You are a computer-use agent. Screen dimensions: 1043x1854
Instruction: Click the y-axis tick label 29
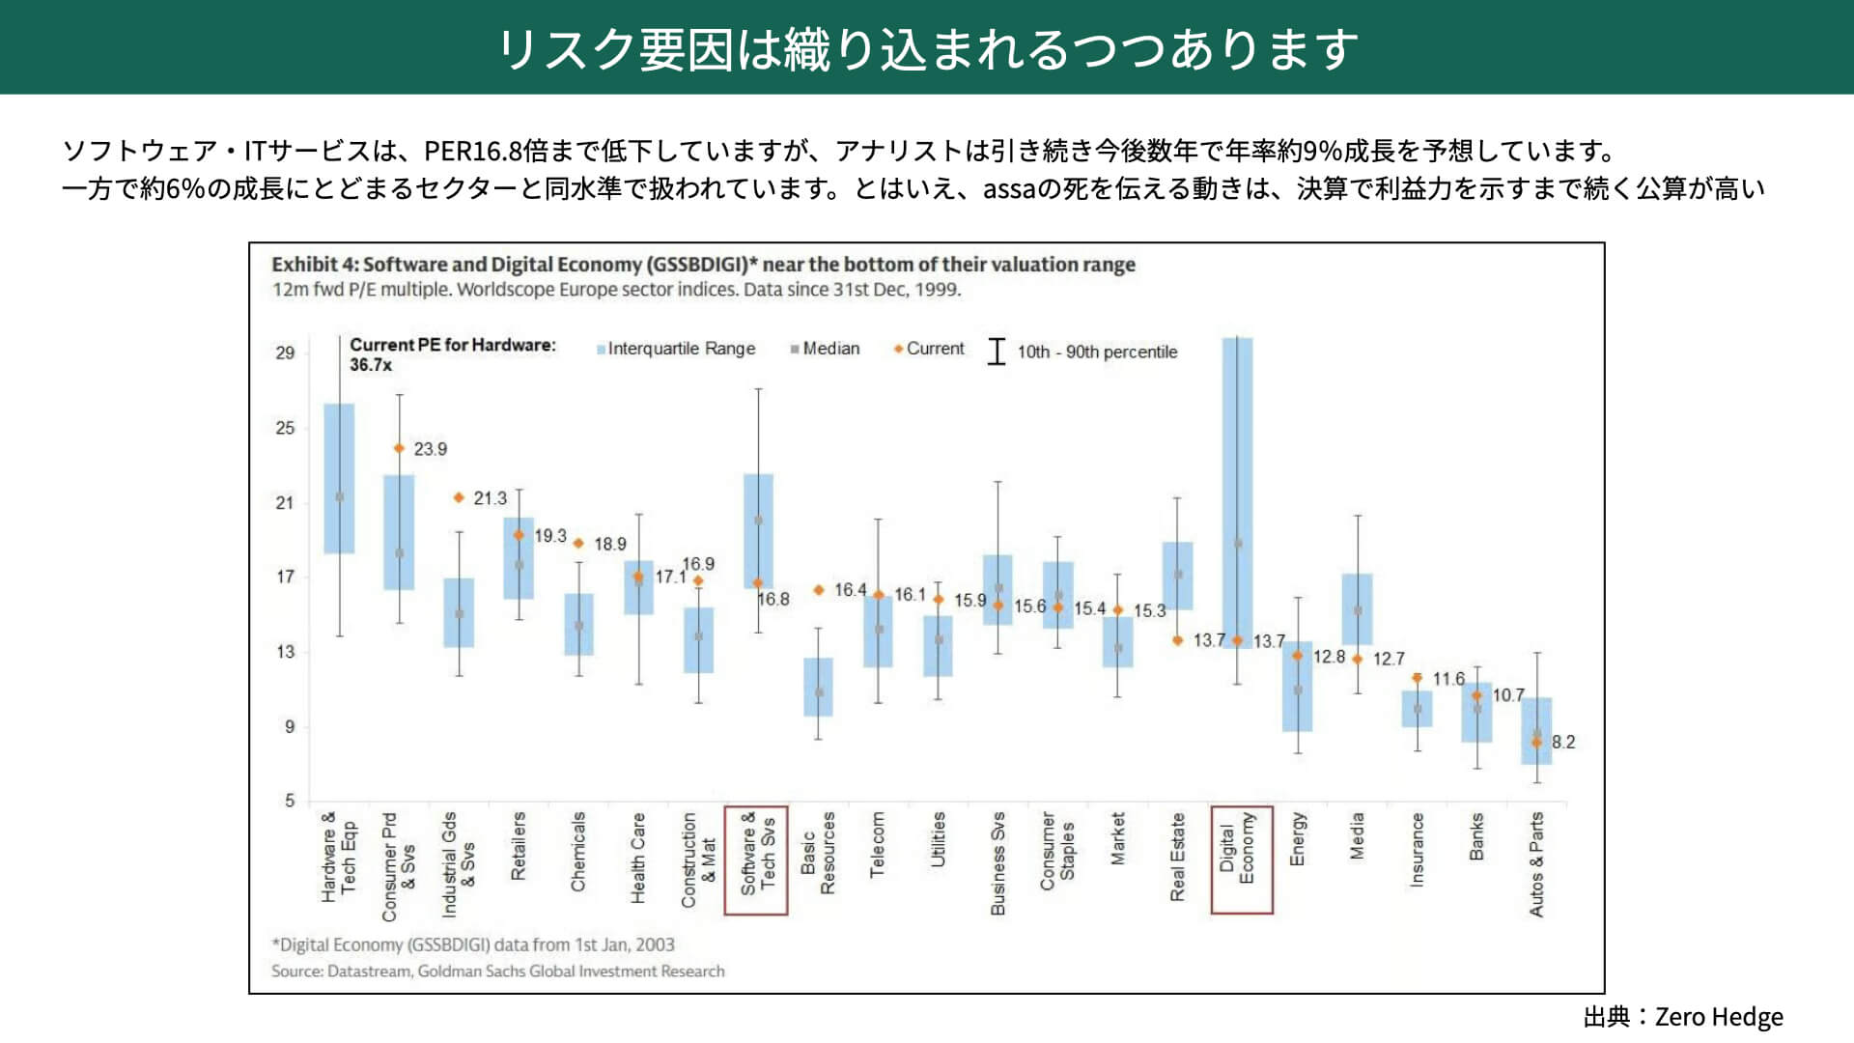click(x=285, y=352)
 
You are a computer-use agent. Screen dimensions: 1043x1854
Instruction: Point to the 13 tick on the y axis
click(x=285, y=652)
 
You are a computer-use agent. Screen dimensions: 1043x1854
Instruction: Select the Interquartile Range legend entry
click(x=676, y=349)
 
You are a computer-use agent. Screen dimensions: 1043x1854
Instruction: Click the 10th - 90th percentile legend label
click(x=1097, y=352)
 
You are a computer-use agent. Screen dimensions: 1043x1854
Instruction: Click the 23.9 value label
click(x=430, y=449)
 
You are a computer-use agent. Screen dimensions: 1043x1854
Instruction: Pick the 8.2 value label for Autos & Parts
click(x=1562, y=742)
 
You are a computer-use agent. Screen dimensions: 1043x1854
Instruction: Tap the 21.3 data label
click(x=490, y=498)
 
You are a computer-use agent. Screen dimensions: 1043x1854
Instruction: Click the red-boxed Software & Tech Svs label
click(x=757, y=860)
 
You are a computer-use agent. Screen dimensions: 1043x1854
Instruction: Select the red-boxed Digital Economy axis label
click(x=1241, y=860)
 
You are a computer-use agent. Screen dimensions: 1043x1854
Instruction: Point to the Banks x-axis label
click(x=1476, y=836)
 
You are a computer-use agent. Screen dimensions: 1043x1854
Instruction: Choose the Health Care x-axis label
click(x=638, y=858)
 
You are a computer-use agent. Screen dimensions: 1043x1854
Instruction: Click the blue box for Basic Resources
click(x=818, y=687)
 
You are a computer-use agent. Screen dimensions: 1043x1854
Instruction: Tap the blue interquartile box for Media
click(x=1357, y=608)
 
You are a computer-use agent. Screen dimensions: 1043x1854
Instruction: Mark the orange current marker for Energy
click(x=1297, y=656)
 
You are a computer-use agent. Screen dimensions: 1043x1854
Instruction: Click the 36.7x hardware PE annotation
click(x=371, y=365)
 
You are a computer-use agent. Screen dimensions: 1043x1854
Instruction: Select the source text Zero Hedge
click(x=1719, y=1017)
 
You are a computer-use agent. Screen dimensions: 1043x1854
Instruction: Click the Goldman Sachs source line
click(x=497, y=971)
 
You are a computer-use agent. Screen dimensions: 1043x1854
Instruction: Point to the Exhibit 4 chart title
click(x=703, y=265)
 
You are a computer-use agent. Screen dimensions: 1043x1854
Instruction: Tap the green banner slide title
click(x=927, y=48)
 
